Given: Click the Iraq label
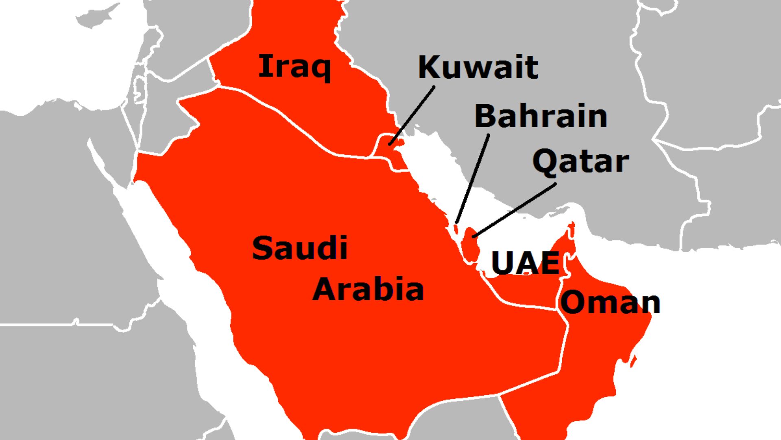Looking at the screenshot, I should click(295, 67).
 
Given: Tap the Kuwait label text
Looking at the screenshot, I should click(478, 67).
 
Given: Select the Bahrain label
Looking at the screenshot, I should click(541, 116).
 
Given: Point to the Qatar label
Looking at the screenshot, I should click(580, 162).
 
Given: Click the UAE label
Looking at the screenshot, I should click(525, 263).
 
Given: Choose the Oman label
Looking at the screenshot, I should click(610, 302).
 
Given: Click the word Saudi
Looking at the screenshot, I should click(300, 248).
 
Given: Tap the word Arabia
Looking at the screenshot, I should click(368, 289).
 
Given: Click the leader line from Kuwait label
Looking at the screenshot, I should click(412, 115).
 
